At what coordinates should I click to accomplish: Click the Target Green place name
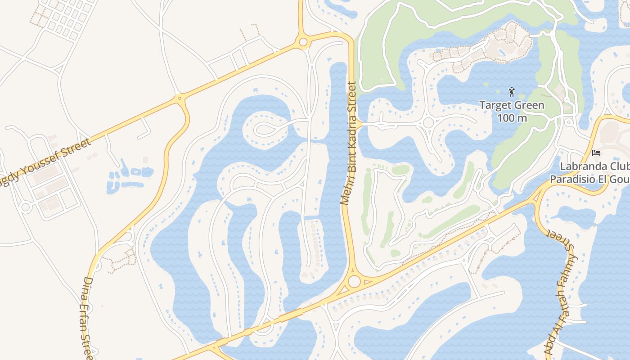(x=512, y=106)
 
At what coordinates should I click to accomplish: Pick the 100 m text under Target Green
(x=512, y=118)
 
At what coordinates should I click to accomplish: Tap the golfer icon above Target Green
(x=512, y=92)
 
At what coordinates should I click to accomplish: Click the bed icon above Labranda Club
(x=596, y=153)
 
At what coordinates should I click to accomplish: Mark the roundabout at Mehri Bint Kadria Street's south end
(x=354, y=282)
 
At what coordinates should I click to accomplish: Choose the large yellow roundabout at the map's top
(x=303, y=42)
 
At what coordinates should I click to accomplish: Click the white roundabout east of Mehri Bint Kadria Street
(x=428, y=122)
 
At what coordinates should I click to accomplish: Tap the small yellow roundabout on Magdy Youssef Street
(x=180, y=97)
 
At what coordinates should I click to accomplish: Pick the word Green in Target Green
(x=530, y=106)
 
